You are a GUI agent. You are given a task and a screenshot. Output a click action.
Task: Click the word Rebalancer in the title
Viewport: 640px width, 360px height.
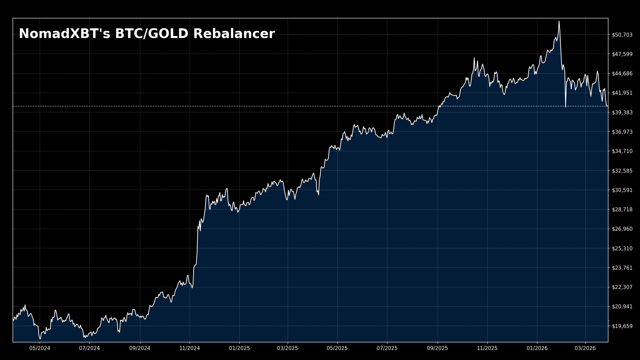coord(234,34)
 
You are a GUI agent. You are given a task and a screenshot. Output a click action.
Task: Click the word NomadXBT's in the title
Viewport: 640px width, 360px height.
coord(64,34)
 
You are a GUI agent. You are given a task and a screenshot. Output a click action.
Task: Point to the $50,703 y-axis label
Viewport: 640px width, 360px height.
coord(622,35)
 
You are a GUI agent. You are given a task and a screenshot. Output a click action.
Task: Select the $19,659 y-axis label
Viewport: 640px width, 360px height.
coord(622,326)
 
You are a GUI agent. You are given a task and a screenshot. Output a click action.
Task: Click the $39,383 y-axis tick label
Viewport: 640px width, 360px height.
coord(622,112)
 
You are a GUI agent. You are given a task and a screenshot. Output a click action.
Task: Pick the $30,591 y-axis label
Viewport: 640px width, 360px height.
coord(622,190)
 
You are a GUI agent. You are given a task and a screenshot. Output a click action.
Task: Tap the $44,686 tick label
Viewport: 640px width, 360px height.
coord(622,73)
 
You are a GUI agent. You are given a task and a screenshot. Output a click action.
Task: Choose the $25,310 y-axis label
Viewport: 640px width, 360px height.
coord(622,248)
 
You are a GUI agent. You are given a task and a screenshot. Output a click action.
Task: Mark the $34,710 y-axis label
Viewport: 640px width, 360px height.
coord(622,151)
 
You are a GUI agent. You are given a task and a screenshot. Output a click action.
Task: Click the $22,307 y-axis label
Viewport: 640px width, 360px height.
coord(622,287)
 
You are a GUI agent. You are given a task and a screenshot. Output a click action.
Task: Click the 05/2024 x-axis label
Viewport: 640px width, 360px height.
coord(40,348)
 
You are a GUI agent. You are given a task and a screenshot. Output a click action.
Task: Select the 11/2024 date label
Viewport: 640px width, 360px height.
coord(190,348)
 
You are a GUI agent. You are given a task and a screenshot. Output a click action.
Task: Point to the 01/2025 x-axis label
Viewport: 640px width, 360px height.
coord(239,348)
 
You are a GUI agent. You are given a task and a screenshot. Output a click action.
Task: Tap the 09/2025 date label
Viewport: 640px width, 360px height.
coord(437,348)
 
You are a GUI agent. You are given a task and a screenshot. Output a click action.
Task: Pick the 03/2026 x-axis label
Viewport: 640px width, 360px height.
coord(585,348)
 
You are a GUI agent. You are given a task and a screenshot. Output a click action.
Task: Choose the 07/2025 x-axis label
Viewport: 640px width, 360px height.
coord(387,348)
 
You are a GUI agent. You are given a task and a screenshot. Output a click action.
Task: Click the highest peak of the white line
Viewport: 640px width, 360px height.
coord(559,22)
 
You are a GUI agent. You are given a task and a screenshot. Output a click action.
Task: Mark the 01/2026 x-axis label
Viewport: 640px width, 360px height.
coord(537,348)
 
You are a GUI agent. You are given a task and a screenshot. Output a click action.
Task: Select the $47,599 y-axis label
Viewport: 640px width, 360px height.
coord(622,54)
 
